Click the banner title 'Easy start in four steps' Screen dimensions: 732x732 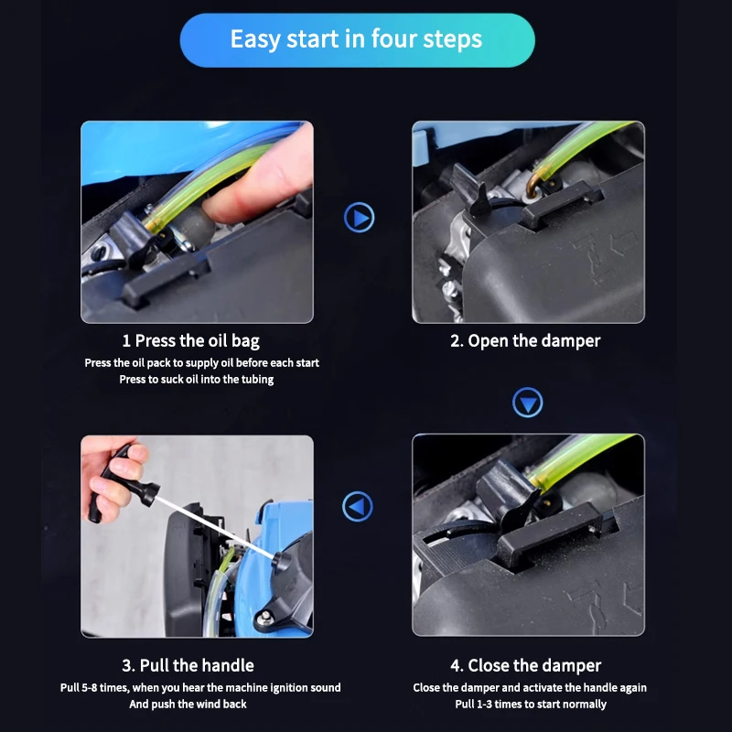click(x=356, y=38)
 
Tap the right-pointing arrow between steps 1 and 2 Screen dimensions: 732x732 click(x=359, y=218)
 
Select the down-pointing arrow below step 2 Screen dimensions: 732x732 click(x=528, y=403)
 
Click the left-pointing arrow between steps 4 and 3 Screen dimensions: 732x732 click(x=358, y=507)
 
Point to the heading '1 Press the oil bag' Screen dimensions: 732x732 click(x=190, y=340)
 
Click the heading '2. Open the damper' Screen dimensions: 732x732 click(x=525, y=340)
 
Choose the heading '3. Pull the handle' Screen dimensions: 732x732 click(x=188, y=665)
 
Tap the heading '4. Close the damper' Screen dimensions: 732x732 click(x=525, y=665)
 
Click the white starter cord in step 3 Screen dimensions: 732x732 click(x=216, y=527)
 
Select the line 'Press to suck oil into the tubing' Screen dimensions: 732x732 click(x=197, y=379)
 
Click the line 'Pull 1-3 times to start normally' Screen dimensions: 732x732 click(x=531, y=704)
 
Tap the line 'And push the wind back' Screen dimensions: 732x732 click(x=188, y=704)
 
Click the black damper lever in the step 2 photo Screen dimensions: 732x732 click(x=469, y=189)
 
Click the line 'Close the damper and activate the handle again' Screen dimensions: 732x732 click(x=530, y=688)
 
